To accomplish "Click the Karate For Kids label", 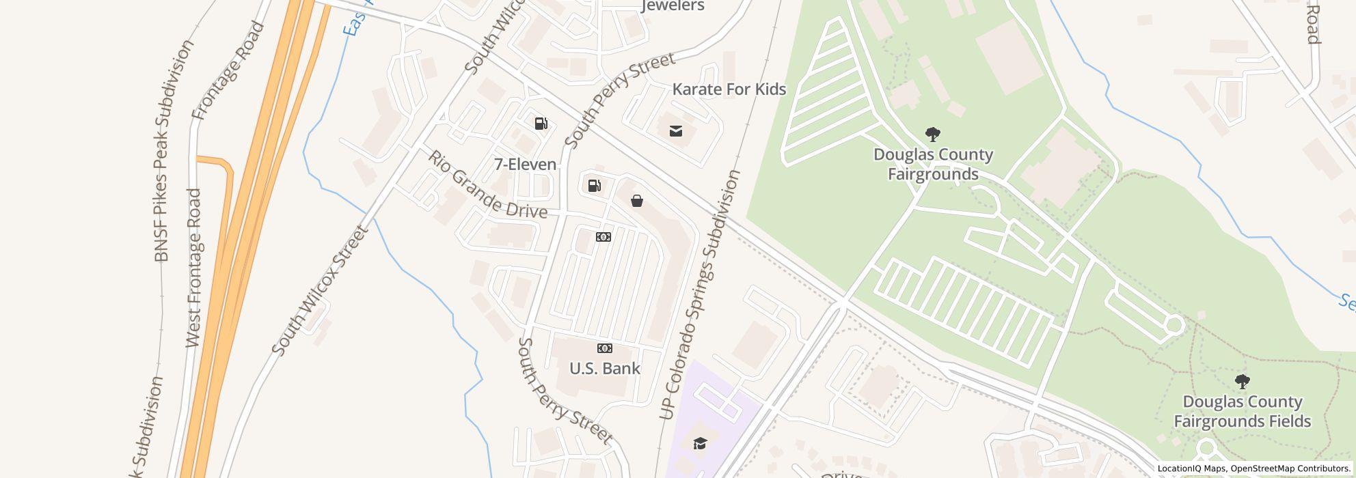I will click(x=729, y=89).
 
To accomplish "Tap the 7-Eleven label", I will click(x=525, y=165).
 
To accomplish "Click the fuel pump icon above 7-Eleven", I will click(x=541, y=124).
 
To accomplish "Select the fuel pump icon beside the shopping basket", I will click(x=594, y=186).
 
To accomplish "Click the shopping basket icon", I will click(x=636, y=201).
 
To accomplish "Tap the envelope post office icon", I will click(x=675, y=131).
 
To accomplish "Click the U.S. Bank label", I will click(x=604, y=369).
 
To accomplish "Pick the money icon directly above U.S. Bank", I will click(x=604, y=348).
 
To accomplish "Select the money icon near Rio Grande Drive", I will click(x=603, y=237).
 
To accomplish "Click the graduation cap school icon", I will click(x=699, y=444).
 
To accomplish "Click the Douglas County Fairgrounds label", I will click(x=932, y=164).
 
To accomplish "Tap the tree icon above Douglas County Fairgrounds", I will click(x=932, y=134).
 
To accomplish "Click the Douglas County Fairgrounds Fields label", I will click(x=1242, y=411).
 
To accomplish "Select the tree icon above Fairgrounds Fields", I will click(x=1242, y=381).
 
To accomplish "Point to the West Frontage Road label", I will click(x=194, y=268).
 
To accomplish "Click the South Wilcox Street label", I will click(x=320, y=291).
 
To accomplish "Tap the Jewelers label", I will click(x=673, y=7).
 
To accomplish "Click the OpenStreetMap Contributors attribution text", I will click(x=1290, y=468).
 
